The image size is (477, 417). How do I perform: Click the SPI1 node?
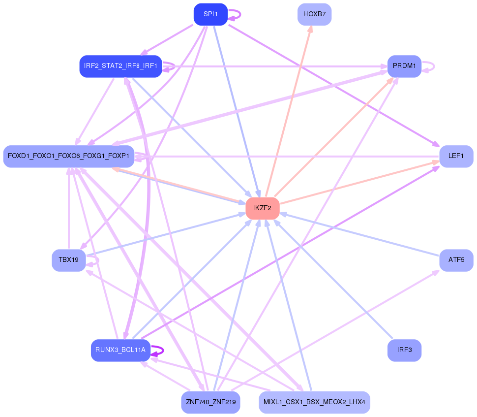pos(210,14)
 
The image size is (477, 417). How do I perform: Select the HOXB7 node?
pos(314,14)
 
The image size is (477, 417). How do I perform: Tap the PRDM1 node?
pos(404,66)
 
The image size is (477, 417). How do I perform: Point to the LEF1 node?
pos(456,156)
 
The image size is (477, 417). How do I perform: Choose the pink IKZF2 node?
pos(263,208)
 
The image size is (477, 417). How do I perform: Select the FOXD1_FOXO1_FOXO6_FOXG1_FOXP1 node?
pos(68,156)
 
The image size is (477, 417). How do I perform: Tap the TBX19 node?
pos(68,260)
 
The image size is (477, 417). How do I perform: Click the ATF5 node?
pos(456,260)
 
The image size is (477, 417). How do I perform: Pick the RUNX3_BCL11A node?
pos(120,351)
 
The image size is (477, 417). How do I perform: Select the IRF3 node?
pos(404,351)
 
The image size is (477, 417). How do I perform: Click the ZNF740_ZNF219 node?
pos(210,402)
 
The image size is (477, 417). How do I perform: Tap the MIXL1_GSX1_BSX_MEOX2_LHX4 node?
pos(314,402)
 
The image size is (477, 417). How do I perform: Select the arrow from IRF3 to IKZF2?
pos(334,280)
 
